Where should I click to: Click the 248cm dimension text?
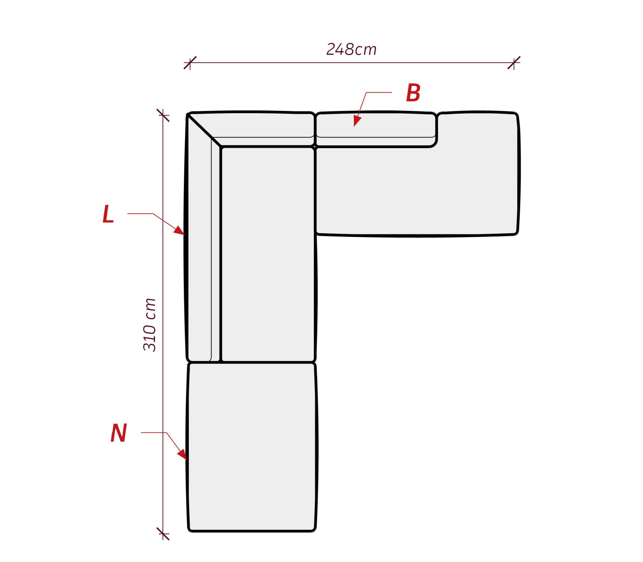(x=351, y=49)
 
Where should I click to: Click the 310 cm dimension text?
(x=149, y=325)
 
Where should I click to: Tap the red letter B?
(x=413, y=93)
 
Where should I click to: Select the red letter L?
(x=108, y=214)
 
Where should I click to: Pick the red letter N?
(x=119, y=433)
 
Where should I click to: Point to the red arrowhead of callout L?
(x=179, y=230)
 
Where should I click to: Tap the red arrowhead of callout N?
(x=182, y=454)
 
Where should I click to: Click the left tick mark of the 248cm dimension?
(x=190, y=63)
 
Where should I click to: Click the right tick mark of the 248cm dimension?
(x=514, y=63)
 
